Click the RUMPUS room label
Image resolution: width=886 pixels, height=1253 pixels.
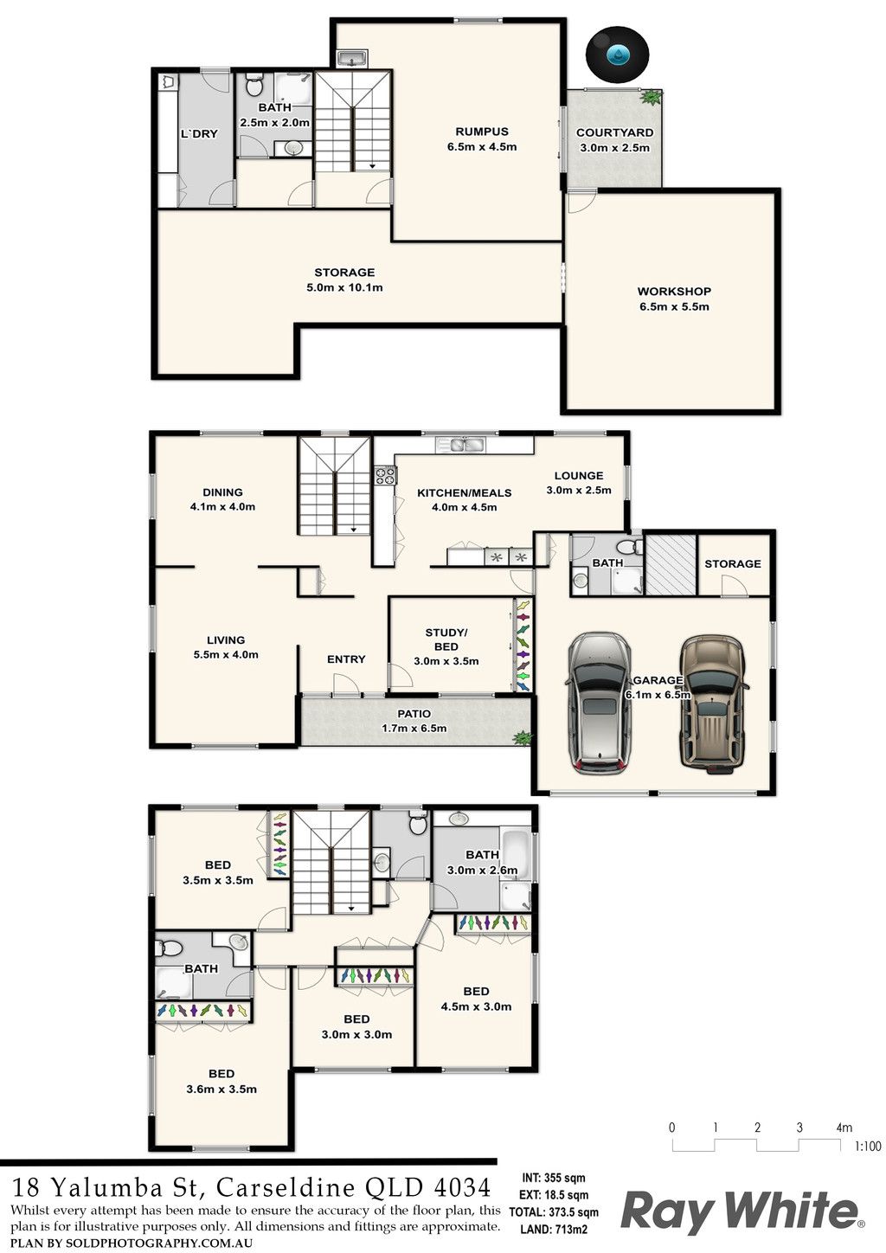click(x=482, y=132)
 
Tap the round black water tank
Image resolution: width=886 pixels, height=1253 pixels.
click(x=617, y=55)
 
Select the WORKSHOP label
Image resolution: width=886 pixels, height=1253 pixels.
click(x=674, y=291)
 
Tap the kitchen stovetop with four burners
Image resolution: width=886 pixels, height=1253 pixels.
click(x=385, y=475)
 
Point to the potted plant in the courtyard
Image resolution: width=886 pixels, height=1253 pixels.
click(x=650, y=97)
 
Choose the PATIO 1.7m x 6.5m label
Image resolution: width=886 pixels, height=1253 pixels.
click(x=414, y=721)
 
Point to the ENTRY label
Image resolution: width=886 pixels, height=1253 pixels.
click(x=346, y=659)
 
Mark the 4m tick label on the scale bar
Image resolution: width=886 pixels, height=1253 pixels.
click(x=844, y=1128)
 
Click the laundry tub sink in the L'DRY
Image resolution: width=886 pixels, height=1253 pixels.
click(x=169, y=81)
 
